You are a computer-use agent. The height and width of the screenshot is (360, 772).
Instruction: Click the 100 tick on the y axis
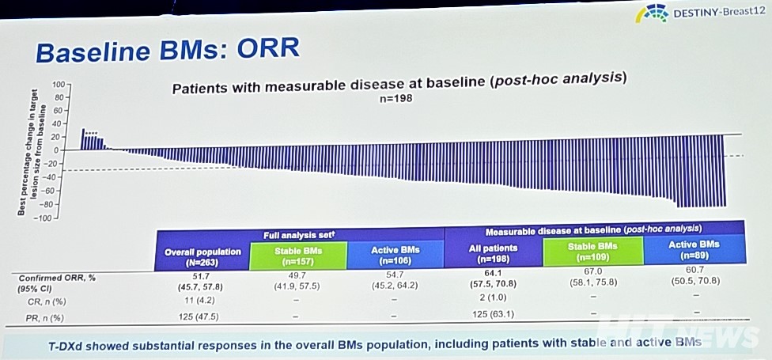(x=58, y=84)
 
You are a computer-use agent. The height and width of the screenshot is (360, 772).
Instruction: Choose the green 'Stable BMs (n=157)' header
(x=298, y=254)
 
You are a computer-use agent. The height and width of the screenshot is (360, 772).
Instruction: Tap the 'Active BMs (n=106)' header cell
(x=395, y=254)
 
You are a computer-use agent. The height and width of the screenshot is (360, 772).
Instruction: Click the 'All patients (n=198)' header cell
(x=494, y=252)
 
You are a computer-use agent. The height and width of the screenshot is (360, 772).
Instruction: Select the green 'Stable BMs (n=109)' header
(x=593, y=251)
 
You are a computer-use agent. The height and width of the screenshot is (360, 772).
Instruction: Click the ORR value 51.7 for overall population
(x=202, y=277)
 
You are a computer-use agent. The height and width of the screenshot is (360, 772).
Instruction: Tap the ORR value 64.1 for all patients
(x=494, y=273)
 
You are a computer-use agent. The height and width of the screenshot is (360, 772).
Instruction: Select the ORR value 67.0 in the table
(x=593, y=271)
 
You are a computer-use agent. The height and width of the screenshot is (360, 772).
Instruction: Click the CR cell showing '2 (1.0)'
(x=494, y=299)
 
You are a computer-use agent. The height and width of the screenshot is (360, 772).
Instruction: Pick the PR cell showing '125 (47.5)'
(x=202, y=316)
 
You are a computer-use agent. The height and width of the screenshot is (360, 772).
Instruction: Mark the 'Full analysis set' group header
(x=300, y=235)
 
